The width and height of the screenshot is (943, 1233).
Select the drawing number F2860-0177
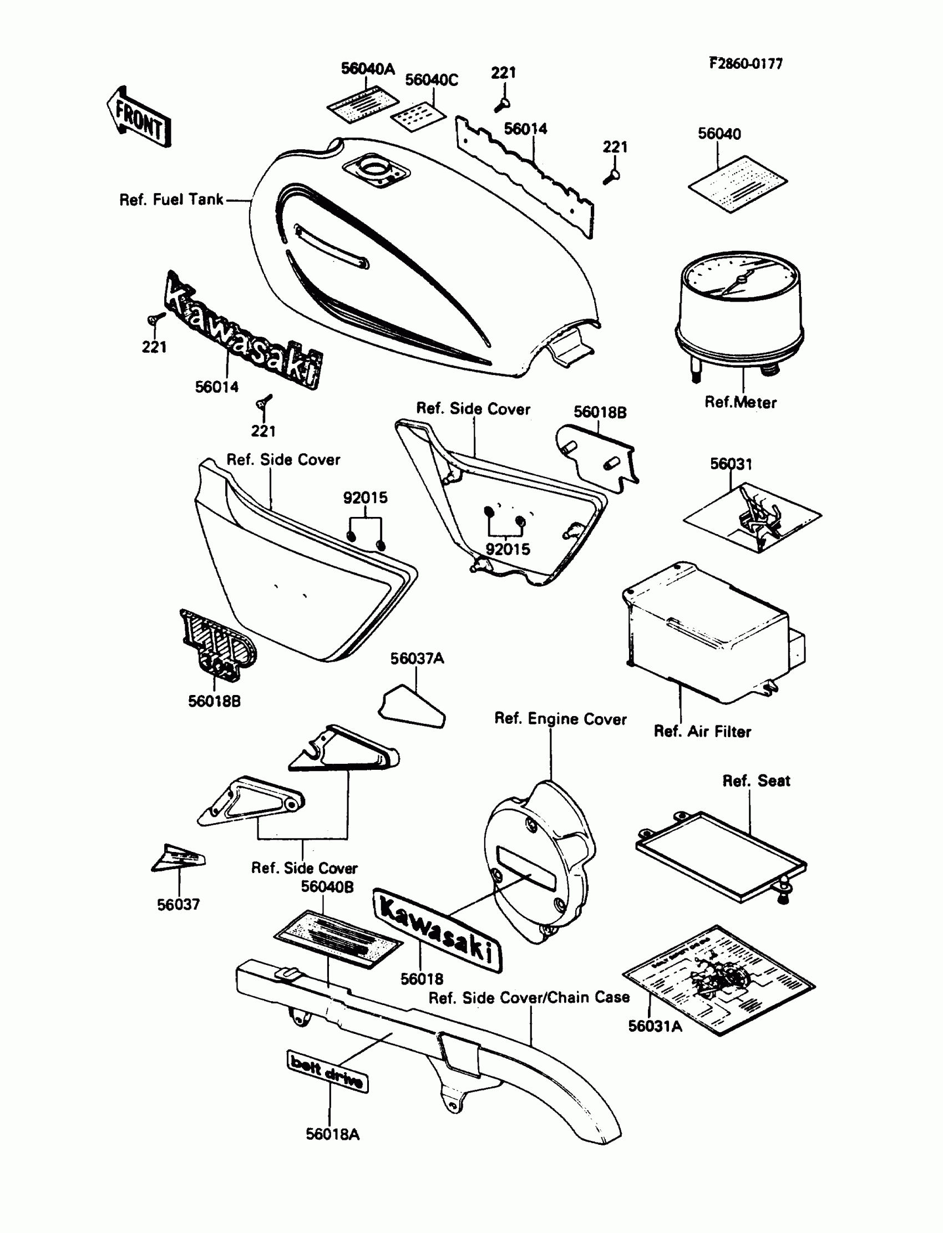tap(746, 63)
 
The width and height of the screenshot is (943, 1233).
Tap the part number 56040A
tap(368, 68)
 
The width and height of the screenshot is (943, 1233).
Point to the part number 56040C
tap(431, 80)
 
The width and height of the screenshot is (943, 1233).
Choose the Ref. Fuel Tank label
tap(171, 200)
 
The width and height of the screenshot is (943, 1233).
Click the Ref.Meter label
tap(741, 402)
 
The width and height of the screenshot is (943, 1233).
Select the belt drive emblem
tap(328, 1072)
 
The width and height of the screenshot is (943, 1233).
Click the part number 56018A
tap(332, 1134)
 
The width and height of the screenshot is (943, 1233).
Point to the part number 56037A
tap(417, 658)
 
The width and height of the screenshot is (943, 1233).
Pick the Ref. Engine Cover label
tap(560, 719)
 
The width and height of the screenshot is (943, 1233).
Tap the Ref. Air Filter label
tap(702, 731)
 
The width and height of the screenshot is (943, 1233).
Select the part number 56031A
tap(655, 1026)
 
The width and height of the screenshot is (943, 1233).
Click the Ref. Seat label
tap(756, 780)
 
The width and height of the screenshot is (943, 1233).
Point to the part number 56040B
tap(327, 887)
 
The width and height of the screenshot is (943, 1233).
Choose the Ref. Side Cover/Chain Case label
tap(529, 997)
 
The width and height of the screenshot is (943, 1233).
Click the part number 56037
tap(178, 905)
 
